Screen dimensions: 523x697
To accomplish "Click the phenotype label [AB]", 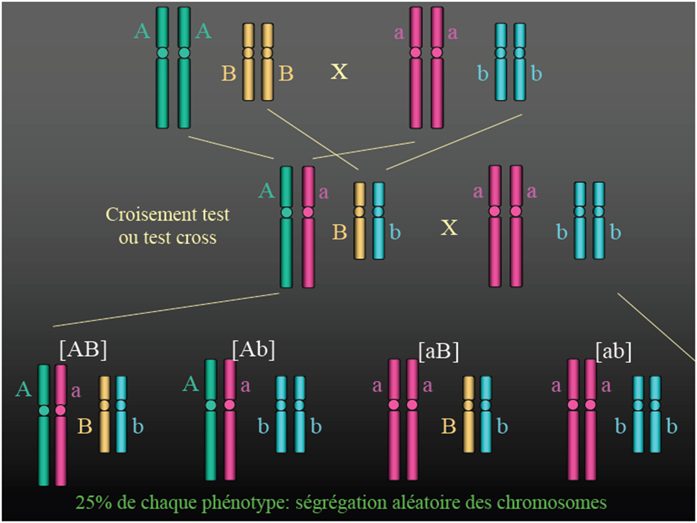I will [83, 349].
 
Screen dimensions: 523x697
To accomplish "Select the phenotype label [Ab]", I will [253, 349].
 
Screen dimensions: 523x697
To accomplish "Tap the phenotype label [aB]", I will [439, 351].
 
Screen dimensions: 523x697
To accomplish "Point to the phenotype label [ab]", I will [613, 351].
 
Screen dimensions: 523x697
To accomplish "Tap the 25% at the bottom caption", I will [93, 503].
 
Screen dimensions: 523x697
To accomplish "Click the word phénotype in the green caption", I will [247, 503].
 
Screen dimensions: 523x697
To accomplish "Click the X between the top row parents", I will [339, 72].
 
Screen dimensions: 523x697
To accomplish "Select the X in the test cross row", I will [449, 227].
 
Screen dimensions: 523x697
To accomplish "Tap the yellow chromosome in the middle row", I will [359, 237].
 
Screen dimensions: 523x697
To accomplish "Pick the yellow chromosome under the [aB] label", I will [468, 428].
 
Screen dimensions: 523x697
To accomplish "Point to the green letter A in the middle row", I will [267, 191].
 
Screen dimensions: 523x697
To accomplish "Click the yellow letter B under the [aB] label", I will [448, 426].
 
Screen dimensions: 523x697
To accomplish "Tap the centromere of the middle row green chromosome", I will [286, 212].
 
